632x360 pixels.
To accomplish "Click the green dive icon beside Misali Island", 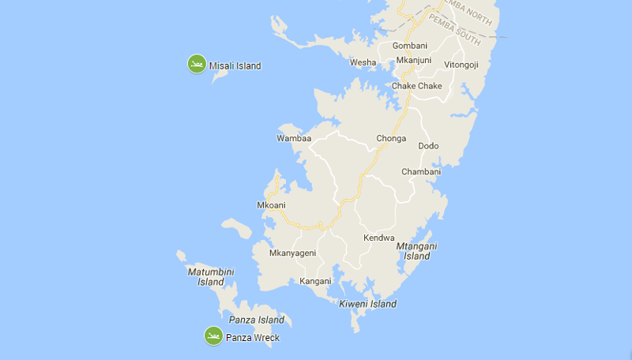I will click(197, 64).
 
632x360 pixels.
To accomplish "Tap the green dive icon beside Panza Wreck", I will click(213, 336).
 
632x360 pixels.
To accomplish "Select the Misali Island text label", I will click(235, 66).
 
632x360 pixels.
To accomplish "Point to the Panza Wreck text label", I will click(252, 338).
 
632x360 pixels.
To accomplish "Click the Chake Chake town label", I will click(416, 86).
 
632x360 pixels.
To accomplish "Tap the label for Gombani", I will click(409, 46).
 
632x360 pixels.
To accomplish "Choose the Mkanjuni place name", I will click(413, 60).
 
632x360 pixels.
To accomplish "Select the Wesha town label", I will click(363, 62).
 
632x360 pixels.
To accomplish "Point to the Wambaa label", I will click(293, 138).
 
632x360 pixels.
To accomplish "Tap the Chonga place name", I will click(391, 138).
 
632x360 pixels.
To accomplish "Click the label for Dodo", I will click(428, 146).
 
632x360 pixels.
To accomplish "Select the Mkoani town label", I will click(271, 205).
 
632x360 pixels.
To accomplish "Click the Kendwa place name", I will click(378, 238).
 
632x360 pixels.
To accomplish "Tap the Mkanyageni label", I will click(292, 253).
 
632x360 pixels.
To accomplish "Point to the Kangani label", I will click(315, 281).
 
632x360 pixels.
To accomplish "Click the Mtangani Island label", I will click(417, 251).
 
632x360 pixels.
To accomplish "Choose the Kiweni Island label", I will click(367, 304).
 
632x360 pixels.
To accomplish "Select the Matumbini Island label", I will click(211, 276).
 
